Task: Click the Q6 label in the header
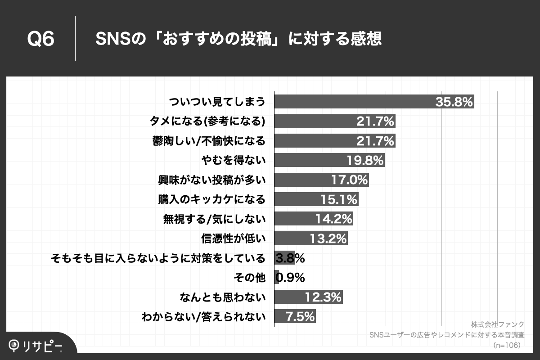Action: (40, 39)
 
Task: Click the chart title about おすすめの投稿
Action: (238, 39)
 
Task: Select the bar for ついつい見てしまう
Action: (351, 102)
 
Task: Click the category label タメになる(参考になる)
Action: (207, 121)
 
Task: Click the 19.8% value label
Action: (365, 160)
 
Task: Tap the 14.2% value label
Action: (334, 219)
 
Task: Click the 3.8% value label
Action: (290, 258)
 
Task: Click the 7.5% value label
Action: (300, 316)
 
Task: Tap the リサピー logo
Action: (36, 345)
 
